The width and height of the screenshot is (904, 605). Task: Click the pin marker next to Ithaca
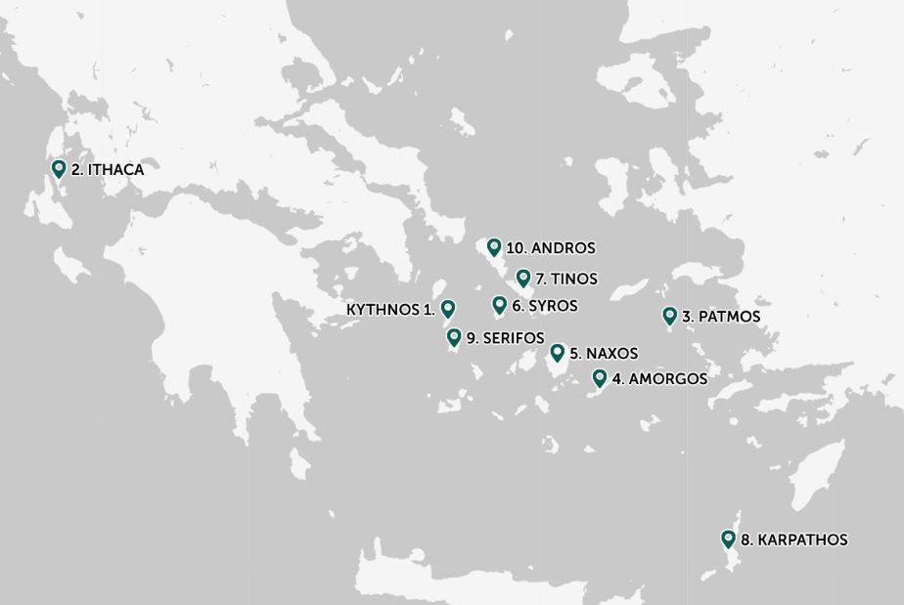(x=59, y=169)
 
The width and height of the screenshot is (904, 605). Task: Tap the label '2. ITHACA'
(x=108, y=170)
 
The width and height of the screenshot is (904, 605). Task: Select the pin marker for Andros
(x=494, y=247)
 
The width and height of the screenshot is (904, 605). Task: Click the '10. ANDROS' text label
(x=551, y=248)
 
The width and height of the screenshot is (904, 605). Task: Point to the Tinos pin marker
(x=523, y=278)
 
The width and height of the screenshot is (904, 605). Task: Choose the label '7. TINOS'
(x=566, y=279)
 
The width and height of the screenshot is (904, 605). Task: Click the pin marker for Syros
(x=499, y=305)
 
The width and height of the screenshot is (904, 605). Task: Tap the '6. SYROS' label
(x=544, y=306)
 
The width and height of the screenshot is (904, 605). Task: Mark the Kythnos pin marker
(x=448, y=309)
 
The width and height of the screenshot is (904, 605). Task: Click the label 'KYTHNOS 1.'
(x=390, y=310)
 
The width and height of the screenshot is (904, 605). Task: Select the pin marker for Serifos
(x=454, y=337)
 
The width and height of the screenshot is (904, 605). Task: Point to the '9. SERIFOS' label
(x=505, y=338)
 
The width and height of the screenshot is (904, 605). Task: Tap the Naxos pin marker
(x=558, y=352)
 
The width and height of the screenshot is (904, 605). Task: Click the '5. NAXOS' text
(x=604, y=353)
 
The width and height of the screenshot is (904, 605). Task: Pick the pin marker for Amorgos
(x=600, y=378)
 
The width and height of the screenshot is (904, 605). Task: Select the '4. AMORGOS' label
(x=659, y=379)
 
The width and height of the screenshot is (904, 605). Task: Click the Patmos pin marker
(x=670, y=316)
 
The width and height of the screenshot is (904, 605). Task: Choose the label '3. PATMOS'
(x=721, y=317)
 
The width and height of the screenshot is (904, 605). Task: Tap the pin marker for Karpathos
(x=728, y=539)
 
